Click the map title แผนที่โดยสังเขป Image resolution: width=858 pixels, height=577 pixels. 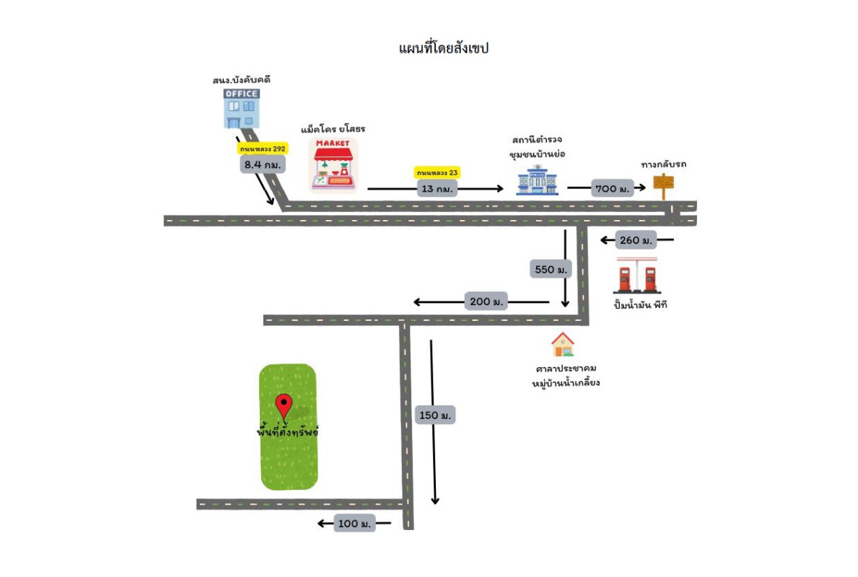[x=444, y=49]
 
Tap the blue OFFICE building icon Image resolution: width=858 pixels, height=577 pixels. [x=241, y=108]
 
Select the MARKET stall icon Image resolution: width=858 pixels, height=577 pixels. [x=334, y=166]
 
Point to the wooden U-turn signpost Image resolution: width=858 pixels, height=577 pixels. [x=663, y=184]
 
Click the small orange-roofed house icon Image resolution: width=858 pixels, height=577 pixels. [x=563, y=345]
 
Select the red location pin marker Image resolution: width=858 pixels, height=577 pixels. [x=284, y=406]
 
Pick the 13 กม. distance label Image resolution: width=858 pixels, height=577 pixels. [x=437, y=189]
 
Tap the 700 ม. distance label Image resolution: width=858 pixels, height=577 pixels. [x=612, y=188]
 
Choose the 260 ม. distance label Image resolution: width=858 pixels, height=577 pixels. [x=636, y=240]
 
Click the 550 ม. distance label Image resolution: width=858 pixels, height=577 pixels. [x=551, y=269]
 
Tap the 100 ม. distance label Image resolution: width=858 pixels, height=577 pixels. [x=354, y=524]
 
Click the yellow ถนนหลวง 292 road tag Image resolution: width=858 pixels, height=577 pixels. [x=263, y=149]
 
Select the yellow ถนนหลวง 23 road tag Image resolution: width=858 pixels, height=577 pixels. [x=437, y=173]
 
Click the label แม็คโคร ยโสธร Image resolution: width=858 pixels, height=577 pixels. [x=333, y=129]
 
